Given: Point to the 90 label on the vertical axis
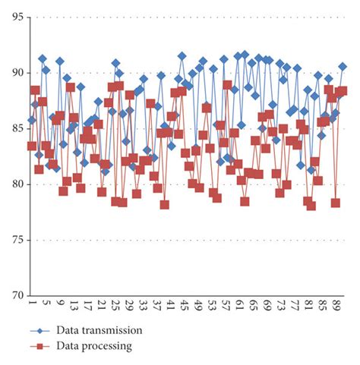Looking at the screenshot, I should coord(14,73).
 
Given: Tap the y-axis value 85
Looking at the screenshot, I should coord(14,128).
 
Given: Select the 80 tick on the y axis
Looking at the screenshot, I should coord(14,184).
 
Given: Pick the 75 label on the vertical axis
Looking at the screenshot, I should coord(14,240).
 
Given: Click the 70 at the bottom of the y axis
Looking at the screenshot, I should coord(14,295).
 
